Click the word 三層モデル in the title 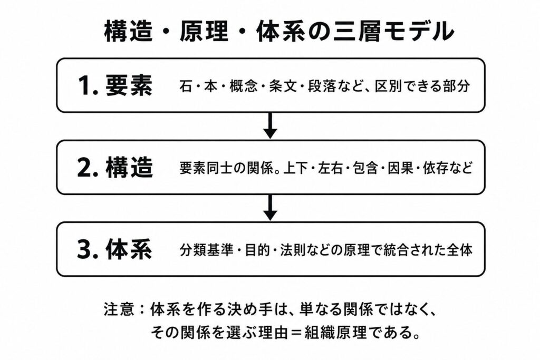[393, 31]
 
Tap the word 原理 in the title [204, 31]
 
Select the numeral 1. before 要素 [89, 86]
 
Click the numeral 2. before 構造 [89, 168]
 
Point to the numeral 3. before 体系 [89, 249]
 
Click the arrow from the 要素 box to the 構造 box [271, 125]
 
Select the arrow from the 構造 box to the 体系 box [271, 208]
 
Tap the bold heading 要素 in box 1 [129, 85]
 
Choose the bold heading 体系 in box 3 [129, 249]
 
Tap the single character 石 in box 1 [186, 86]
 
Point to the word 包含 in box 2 [365, 168]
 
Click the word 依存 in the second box [435, 168]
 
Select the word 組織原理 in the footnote [336, 333]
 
